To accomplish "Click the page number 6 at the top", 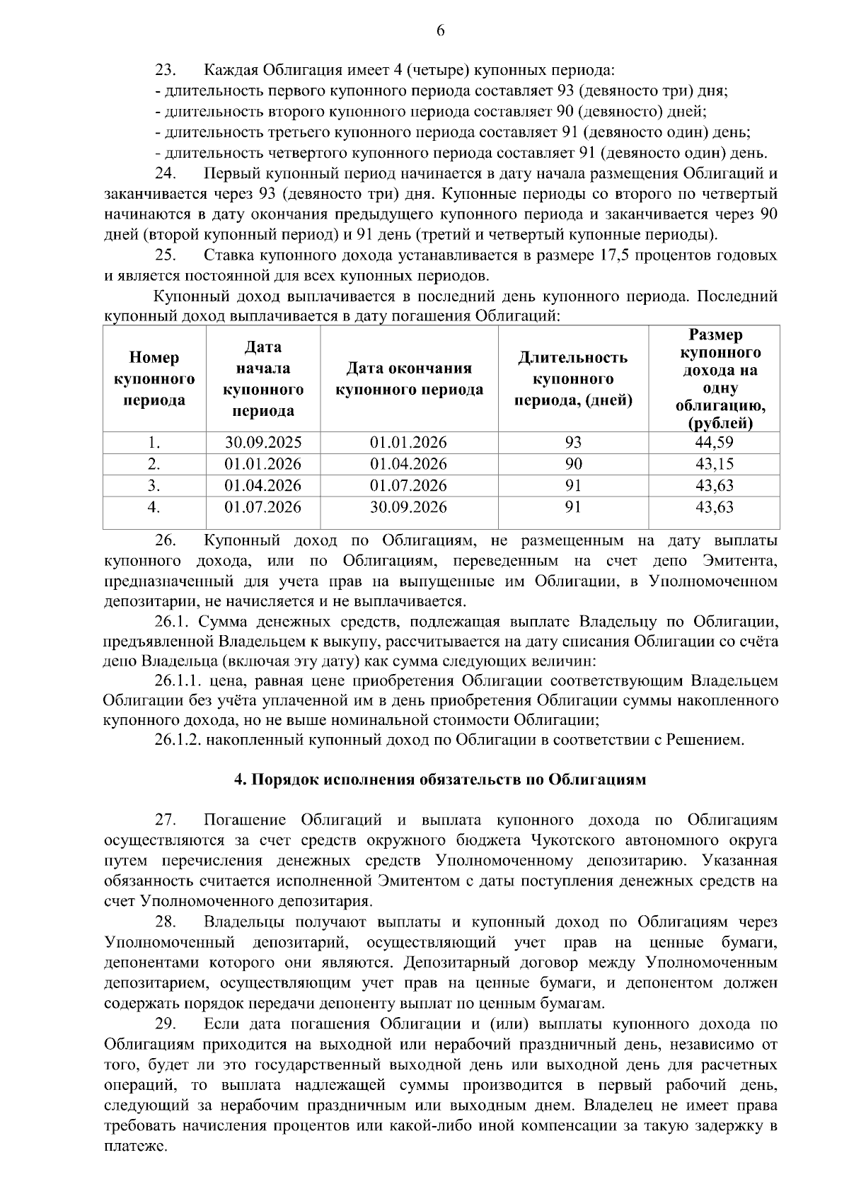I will coord(440,30).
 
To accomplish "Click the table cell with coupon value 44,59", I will coord(715,443).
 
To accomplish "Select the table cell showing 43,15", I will coord(715,464).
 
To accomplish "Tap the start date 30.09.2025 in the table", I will coord(263,443).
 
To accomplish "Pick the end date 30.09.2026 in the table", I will coord(408,507).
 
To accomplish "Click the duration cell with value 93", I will coord(573,443).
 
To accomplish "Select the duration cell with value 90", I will coord(573,464).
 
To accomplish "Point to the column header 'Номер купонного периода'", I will coord(154,379).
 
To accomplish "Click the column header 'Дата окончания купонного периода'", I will coord(409,379).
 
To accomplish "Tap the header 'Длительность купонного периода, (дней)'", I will coord(573,379).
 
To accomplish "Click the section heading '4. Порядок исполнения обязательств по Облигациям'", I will coord(440,780).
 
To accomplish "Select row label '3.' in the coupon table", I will coord(154,486).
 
